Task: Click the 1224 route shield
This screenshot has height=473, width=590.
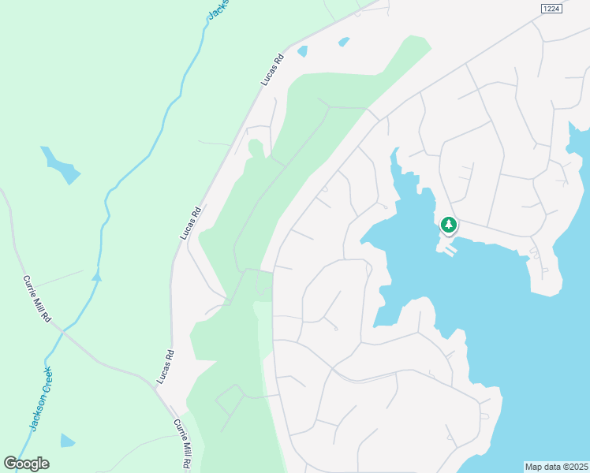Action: coord(551,8)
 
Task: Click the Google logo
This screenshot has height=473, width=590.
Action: coord(26,464)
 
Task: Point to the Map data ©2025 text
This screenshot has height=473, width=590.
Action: coord(557,467)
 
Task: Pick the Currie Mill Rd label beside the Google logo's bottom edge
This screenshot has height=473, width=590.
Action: coord(182,445)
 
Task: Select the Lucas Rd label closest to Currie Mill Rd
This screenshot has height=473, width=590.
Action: coord(164,367)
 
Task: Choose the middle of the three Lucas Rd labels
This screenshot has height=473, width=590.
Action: coord(191,223)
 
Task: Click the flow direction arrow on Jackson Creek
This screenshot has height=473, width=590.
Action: coord(96,276)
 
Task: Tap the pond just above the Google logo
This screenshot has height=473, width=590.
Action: coord(68,440)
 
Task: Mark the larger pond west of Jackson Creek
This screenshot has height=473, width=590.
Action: coord(61,164)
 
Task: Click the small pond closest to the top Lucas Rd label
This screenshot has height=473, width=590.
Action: coord(303,51)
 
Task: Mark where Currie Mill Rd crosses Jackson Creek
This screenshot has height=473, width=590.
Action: coord(62,332)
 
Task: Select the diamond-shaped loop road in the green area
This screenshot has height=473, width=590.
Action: coord(230,400)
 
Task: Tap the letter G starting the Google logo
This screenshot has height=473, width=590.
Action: coord(11,464)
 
